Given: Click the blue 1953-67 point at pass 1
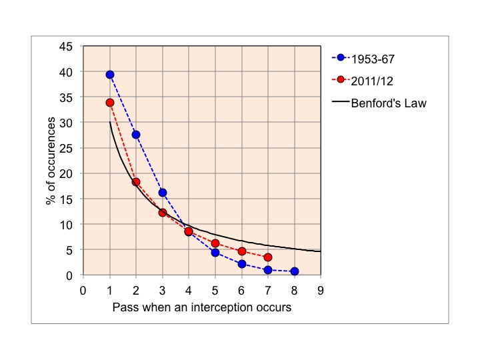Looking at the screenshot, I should (110, 75).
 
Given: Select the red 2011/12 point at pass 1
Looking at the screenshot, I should (110, 103).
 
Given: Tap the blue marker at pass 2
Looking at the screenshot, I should (136, 135).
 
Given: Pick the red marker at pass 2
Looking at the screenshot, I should (136, 182).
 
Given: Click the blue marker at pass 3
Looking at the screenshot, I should (163, 193).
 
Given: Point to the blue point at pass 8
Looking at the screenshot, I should (294, 271).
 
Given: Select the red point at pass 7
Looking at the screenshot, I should (268, 257).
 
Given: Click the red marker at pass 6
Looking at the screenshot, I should (241, 251).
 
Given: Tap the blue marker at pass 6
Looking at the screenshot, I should (241, 264).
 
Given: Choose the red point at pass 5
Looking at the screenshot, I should (215, 243).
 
